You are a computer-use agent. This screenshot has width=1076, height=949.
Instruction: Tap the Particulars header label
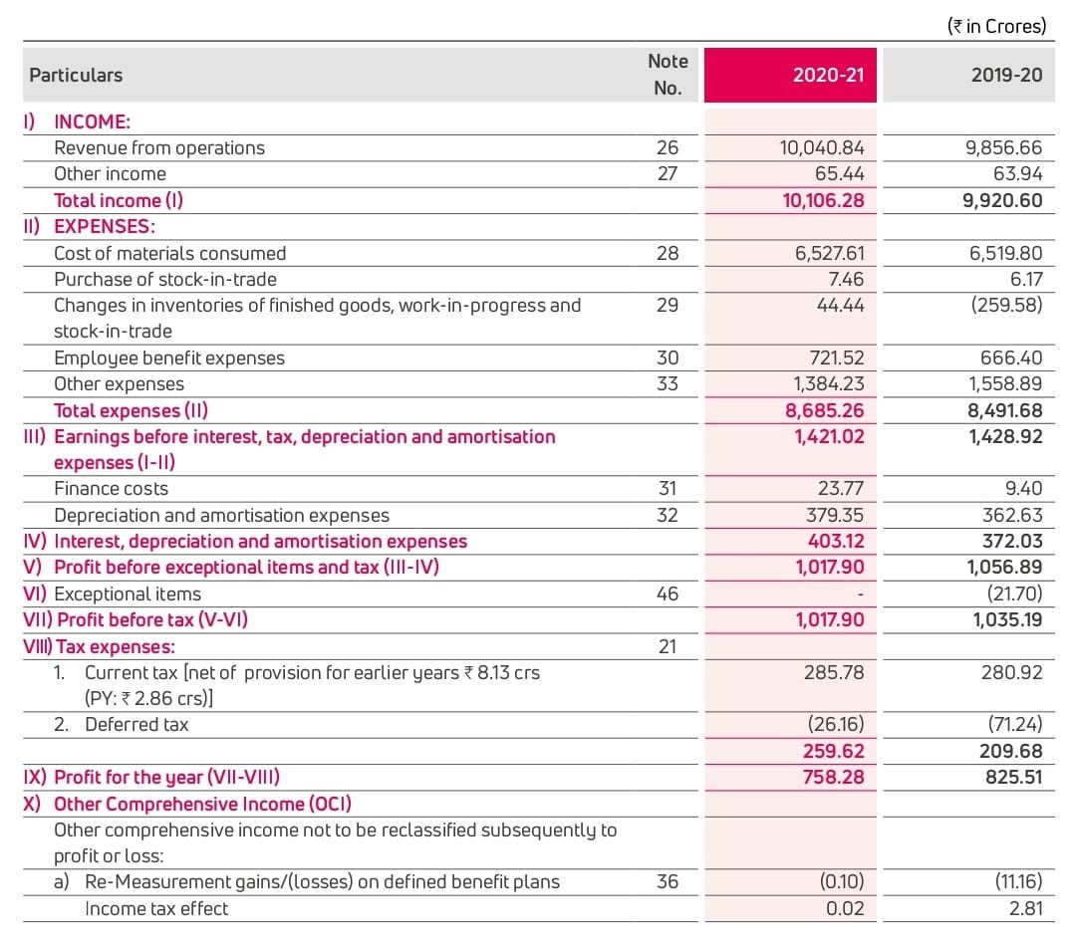pyautogui.click(x=76, y=75)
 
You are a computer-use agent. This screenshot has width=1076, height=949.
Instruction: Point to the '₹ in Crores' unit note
pyautogui.click(x=997, y=26)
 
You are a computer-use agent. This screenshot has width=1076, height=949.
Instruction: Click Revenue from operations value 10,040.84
pyautogui.click(x=822, y=147)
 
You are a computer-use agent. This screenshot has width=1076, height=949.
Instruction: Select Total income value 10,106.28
pyautogui.click(x=823, y=200)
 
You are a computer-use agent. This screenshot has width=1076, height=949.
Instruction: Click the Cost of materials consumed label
pyautogui.click(x=169, y=253)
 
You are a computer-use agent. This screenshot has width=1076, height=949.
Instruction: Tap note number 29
pyautogui.click(x=667, y=305)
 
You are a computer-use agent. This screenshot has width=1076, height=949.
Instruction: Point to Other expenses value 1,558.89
pyautogui.click(x=1005, y=383)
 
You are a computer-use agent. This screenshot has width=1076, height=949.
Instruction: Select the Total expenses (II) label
pyautogui.click(x=131, y=410)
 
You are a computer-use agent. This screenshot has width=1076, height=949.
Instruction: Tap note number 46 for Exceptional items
pyautogui.click(x=667, y=593)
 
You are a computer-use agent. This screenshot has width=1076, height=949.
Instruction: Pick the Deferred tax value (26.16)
pyautogui.click(x=836, y=724)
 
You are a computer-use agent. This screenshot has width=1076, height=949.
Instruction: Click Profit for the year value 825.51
pyautogui.click(x=1012, y=777)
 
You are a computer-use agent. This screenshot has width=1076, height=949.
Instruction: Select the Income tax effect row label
pyautogui.click(x=155, y=908)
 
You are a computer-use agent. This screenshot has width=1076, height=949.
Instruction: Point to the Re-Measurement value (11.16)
pyautogui.click(x=1018, y=881)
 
